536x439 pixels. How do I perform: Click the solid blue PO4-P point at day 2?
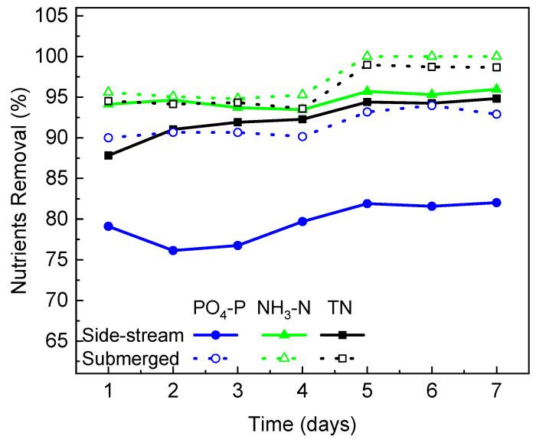pos(173,250)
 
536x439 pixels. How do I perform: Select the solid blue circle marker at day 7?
pos(497,203)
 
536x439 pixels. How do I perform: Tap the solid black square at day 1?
pos(109,155)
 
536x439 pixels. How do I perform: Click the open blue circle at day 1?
pos(109,138)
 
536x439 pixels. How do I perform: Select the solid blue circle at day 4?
pos(302,221)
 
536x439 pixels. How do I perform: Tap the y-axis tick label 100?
pos(53,57)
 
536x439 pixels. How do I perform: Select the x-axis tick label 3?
pos(238,391)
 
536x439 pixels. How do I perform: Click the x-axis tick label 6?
pos(432,391)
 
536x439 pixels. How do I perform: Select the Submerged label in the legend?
pos(130,358)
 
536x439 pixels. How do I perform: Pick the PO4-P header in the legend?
pos(217,308)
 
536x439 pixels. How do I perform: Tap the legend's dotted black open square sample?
pos(343,357)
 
